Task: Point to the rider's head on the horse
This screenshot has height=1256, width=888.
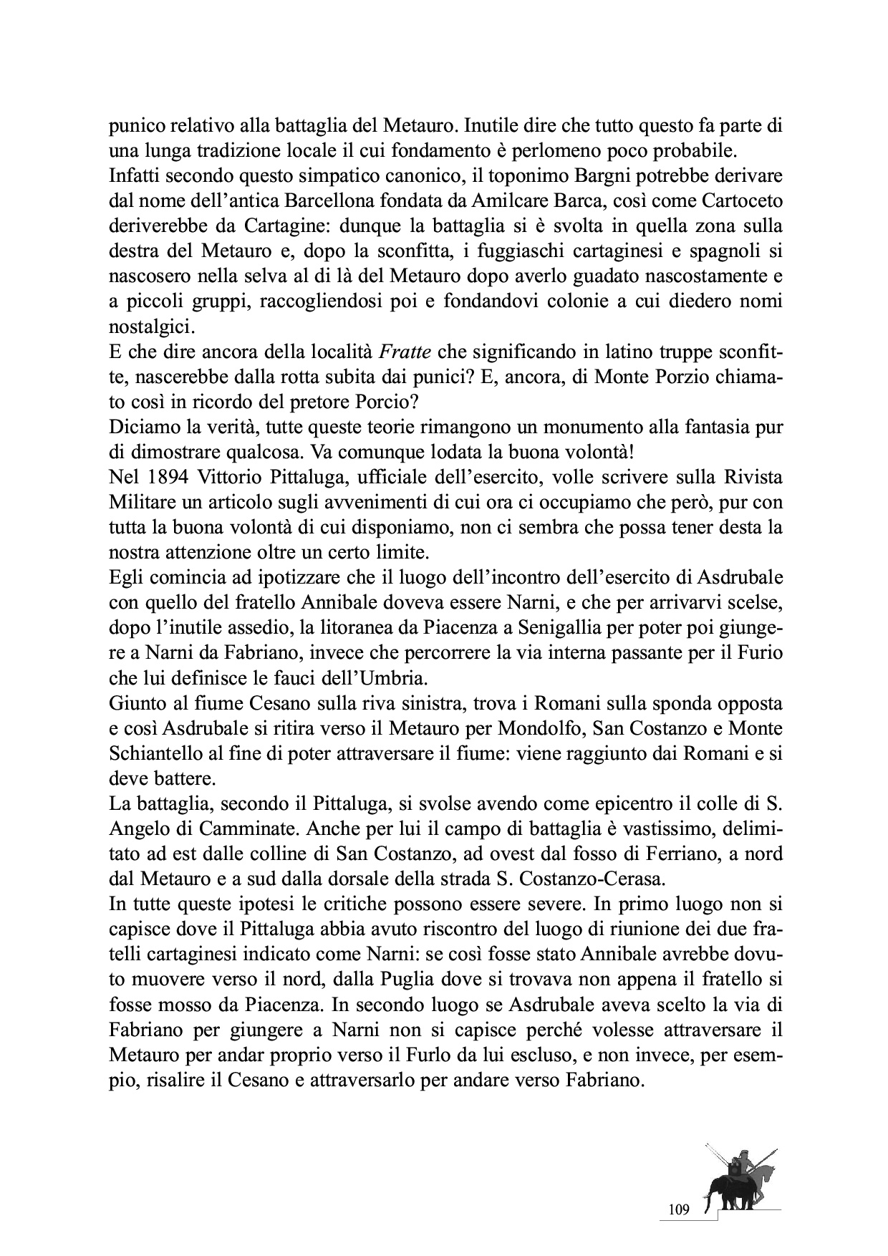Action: (745, 1154)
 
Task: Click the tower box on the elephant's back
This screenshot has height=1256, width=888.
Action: (735, 1170)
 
